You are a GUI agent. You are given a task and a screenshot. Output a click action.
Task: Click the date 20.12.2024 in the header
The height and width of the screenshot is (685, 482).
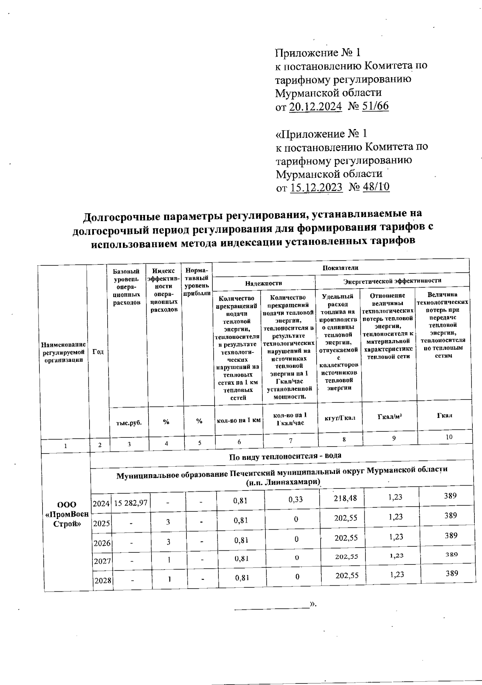click(315, 106)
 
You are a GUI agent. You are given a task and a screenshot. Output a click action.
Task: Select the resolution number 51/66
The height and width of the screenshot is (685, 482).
click(374, 106)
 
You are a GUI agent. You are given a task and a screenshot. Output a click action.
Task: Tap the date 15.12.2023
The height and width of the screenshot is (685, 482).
click(316, 187)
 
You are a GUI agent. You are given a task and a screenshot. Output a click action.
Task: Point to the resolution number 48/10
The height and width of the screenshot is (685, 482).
click(375, 187)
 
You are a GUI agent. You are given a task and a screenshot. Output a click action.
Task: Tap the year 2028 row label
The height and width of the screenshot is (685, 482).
click(102, 580)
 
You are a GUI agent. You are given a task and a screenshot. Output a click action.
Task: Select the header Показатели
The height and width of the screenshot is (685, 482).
click(340, 268)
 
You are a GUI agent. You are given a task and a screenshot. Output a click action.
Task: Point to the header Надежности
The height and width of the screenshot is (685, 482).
click(263, 283)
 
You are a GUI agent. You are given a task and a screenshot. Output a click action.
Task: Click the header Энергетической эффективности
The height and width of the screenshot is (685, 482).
click(392, 281)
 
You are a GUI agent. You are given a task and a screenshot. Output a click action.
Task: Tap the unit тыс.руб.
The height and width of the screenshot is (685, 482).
click(129, 422)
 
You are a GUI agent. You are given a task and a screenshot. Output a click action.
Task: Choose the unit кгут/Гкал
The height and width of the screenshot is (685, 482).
click(339, 418)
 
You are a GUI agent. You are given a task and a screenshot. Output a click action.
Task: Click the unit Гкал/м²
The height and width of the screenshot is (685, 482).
click(390, 416)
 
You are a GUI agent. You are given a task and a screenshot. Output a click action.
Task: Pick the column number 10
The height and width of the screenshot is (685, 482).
click(449, 437)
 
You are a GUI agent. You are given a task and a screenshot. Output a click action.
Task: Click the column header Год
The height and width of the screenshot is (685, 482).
click(98, 352)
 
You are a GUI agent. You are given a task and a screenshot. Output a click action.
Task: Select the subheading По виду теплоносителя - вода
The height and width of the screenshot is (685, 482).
click(285, 456)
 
